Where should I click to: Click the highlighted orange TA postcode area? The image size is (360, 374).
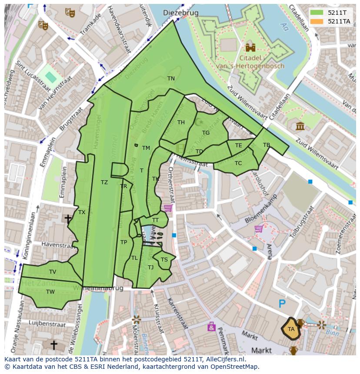pyautogui.click(x=291, y=329)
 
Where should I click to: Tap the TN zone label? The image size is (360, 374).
pyautogui.click(x=171, y=79)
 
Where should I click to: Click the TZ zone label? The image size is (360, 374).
pyautogui.click(x=104, y=182)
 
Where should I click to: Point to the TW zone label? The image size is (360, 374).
pyautogui.click(x=50, y=292)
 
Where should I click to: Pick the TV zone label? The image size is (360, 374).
pyautogui.click(x=53, y=272)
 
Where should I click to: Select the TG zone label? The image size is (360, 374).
pyautogui.click(x=206, y=133)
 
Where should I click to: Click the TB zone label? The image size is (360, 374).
pyautogui.click(x=267, y=145)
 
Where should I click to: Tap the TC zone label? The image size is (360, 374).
pyautogui.click(x=238, y=163)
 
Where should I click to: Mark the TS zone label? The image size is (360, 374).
pyautogui.click(x=164, y=260)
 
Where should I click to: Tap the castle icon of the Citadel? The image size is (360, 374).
pyautogui.click(x=250, y=47)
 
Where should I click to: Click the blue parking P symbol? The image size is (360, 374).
pyautogui.click(x=282, y=304)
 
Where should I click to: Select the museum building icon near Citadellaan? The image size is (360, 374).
pyautogui.click(x=300, y=126)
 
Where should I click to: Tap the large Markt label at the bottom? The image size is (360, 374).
pyautogui.click(x=262, y=350)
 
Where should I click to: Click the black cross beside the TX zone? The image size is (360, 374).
pyautogui.click(x=68, y=218)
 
